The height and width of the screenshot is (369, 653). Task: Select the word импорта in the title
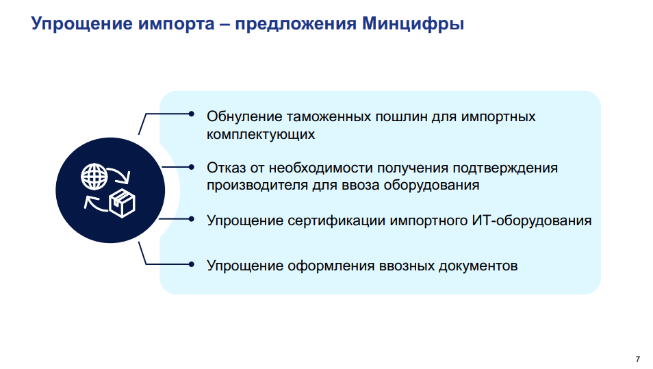point(178,25)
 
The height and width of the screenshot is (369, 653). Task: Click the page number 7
point(637,359)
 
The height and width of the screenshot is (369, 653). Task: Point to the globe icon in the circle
point(94,177)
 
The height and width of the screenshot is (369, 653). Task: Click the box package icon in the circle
point(123,203)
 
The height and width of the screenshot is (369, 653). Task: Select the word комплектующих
point(261,134)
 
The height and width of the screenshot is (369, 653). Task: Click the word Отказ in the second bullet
point(225,168)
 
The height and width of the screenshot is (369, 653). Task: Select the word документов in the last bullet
point(478,265)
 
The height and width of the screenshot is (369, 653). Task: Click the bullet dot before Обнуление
point(192,114)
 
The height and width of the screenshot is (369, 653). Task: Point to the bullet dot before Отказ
point(192,166)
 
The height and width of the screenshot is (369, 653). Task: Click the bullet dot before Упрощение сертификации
point(192,219)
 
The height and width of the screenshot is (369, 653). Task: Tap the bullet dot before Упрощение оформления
point(192,264)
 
